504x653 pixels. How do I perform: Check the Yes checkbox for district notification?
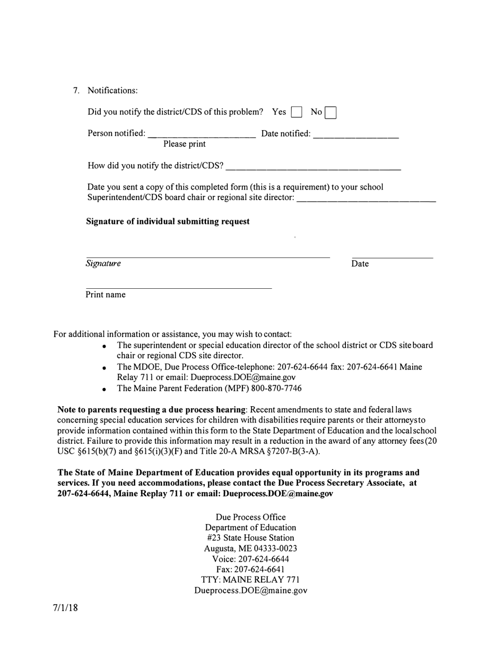tap(297, 112)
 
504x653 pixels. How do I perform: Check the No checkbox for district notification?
tap(330, 113)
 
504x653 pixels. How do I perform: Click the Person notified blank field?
tap(202, 134)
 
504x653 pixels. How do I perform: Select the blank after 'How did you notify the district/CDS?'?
tap(313, 166)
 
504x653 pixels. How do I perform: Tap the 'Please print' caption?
tap(184, 144)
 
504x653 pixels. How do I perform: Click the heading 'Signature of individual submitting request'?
tap(168, 221)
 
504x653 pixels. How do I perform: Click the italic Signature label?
tap(103, 263)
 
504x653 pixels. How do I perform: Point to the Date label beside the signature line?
tap(360, 264)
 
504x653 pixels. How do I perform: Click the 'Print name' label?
tap(106, 295)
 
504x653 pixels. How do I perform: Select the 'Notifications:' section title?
tap(112, 90)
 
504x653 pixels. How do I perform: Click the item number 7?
tap(76, 90)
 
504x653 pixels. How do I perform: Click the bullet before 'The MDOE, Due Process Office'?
tap(105, 368)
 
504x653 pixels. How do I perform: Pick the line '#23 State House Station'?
tap(250, 538)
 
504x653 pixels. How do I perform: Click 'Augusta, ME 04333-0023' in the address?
tap(250, 548)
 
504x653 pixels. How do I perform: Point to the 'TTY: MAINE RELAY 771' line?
tap(250, 580)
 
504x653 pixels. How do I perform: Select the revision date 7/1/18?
tap(65, 608)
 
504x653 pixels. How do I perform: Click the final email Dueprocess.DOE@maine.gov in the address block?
tap(250, 590)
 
